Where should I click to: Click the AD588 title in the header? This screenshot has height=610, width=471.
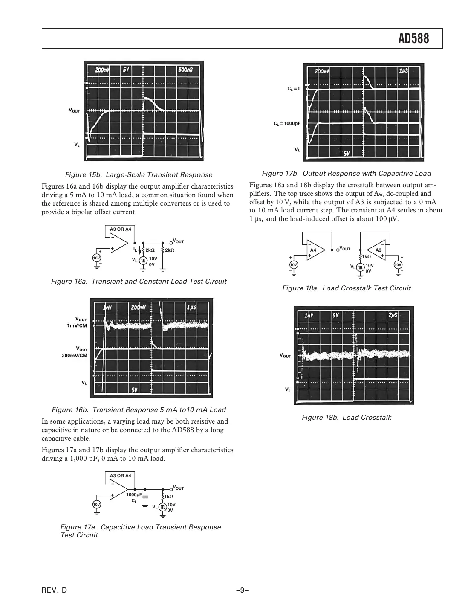point(413,39)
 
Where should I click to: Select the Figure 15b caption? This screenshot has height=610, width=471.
point(139,174)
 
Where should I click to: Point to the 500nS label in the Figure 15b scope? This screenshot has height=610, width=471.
point(185,70)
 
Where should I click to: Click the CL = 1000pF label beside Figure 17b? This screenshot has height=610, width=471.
point(286,124)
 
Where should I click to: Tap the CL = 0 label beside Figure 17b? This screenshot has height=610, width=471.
point(294,89)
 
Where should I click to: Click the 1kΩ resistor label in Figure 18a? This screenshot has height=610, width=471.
point(366,256)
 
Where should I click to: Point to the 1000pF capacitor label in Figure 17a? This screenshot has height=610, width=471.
point(134,494)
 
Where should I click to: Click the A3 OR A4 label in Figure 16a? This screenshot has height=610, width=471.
point(120,229)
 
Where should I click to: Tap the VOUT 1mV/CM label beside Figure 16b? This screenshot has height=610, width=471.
point(77,322)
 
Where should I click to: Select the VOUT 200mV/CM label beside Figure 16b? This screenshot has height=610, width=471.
point(75,352)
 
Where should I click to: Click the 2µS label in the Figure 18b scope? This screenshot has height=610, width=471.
point(393,315)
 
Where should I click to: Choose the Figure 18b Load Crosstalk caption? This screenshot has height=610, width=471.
point(346,417)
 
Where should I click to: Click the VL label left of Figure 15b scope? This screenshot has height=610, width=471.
point(77,145)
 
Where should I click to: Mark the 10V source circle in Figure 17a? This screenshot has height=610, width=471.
point(97,504)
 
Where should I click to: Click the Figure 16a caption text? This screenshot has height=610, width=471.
point(139,281)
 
